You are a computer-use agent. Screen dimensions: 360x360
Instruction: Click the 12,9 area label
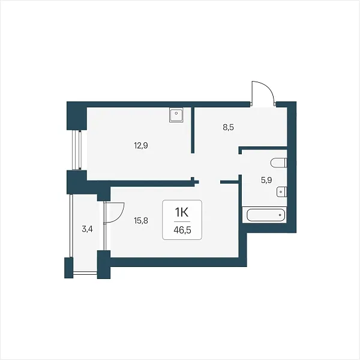(x=141, y=145)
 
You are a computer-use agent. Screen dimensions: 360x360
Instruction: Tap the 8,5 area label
(x=228, y=127)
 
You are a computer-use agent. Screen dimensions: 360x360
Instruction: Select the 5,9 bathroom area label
(x=266, y=180)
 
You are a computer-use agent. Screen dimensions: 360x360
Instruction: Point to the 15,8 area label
(x=141, y=221)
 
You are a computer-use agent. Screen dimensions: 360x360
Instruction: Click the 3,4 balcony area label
(x=87, y=229)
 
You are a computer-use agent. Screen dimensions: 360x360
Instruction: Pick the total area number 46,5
(x=182, y=230)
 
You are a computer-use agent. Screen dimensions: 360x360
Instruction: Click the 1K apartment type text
(x=182, y=213)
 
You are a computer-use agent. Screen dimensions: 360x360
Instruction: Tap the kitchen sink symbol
(x=176, y=115)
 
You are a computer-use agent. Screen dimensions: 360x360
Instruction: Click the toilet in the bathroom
(x=279, y=163)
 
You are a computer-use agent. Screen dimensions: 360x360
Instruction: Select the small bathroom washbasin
(x=282, y=191)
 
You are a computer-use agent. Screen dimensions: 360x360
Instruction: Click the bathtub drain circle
(x=280, y=215)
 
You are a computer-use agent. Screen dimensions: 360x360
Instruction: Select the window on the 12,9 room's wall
(x=77, y=150)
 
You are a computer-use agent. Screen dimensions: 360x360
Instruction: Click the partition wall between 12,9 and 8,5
(x=193, y=130)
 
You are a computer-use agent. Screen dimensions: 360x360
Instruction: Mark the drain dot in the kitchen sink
(x=176, y=113)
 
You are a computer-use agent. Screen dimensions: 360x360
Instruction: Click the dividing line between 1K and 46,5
(x=182, y=222)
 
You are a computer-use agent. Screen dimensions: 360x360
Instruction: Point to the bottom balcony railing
(x=85, y=272)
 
